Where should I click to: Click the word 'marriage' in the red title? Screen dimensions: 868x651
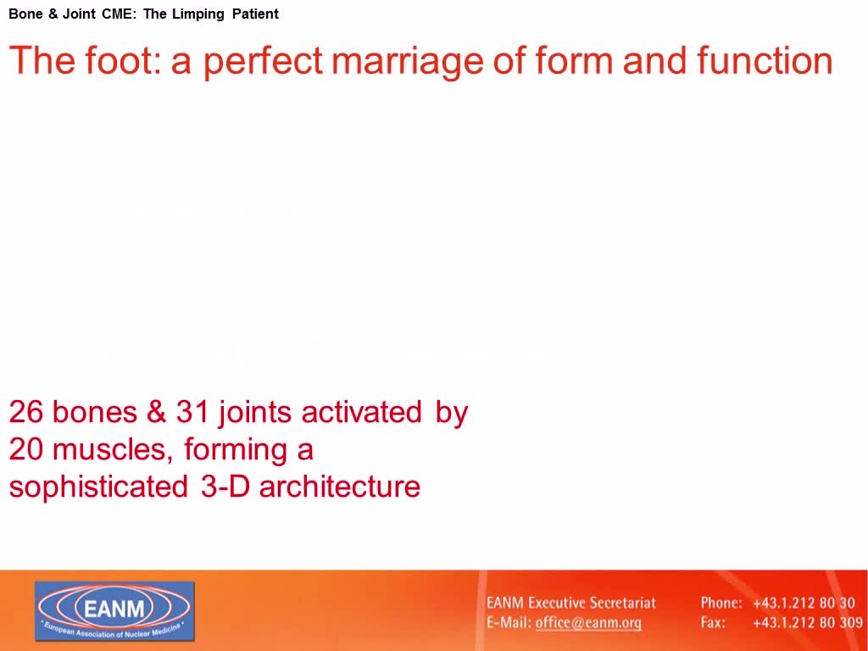[407, 61]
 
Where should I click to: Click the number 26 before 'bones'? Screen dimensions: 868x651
[26, 412]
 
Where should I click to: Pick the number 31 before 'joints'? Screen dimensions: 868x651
[192, 412]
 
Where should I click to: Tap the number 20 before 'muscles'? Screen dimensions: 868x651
[26, 449]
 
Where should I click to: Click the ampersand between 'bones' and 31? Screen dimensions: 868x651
[156, 412]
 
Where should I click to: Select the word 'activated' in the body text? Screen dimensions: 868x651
[361, 412]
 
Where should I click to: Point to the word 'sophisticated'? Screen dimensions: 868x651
[98, 487]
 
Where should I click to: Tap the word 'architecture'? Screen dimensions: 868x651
[340, 486]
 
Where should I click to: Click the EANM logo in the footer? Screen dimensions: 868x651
[114, 611]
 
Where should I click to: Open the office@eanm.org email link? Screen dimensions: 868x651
[588, 623]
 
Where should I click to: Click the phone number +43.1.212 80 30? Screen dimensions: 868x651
[804, 603]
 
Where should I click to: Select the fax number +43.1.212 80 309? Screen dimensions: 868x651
[808, 623]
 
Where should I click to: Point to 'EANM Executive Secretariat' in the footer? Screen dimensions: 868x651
[571, 603]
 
